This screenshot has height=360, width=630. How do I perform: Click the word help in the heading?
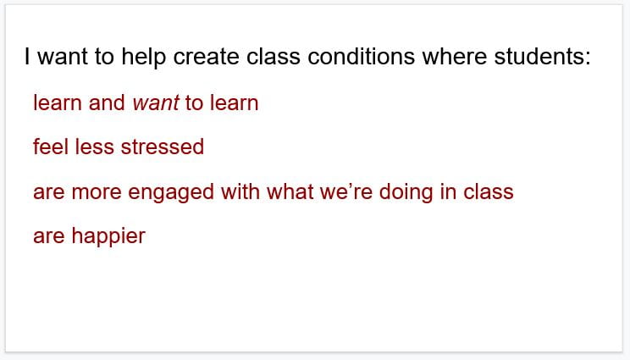click(x=144, y=57)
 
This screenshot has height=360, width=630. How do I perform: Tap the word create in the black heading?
click(x=206, y=56)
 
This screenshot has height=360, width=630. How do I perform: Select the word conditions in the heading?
click(x=362, y=56)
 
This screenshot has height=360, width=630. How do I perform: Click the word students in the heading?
click(x=539, y=56)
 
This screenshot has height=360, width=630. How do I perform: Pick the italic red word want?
click(x=156, y=102)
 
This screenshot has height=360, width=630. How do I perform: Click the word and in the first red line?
click(x=107, y=102)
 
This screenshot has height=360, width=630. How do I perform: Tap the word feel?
click(x=51, y=147)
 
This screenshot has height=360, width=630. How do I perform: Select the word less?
click(x=95, y=147)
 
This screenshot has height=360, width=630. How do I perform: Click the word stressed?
click(x=163, y=147)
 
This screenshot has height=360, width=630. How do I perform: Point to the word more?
click(x=97, y=191)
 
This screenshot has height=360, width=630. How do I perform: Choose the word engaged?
click(x=171, y=192)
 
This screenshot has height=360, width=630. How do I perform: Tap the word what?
click(x=290, y=191)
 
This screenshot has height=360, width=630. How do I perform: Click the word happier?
click(x=108, y=235)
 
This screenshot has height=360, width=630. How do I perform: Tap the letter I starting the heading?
click(x=27, y=56)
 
